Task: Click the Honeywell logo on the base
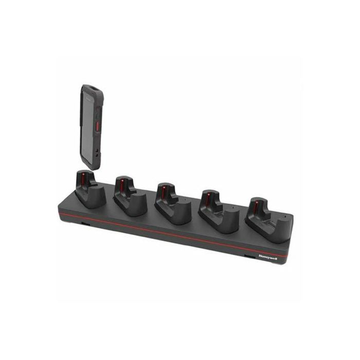(268, 257)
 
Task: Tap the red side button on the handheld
(97, 127)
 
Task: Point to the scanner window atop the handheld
(93, 87)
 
